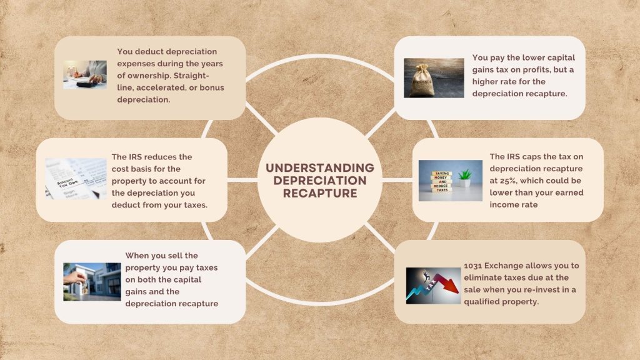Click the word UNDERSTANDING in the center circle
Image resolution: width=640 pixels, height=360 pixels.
319,167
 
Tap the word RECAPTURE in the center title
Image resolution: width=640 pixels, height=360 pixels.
319,193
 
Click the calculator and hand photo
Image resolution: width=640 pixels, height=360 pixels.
85,74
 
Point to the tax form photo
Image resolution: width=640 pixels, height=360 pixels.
76,178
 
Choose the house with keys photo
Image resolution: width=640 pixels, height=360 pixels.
92,281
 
